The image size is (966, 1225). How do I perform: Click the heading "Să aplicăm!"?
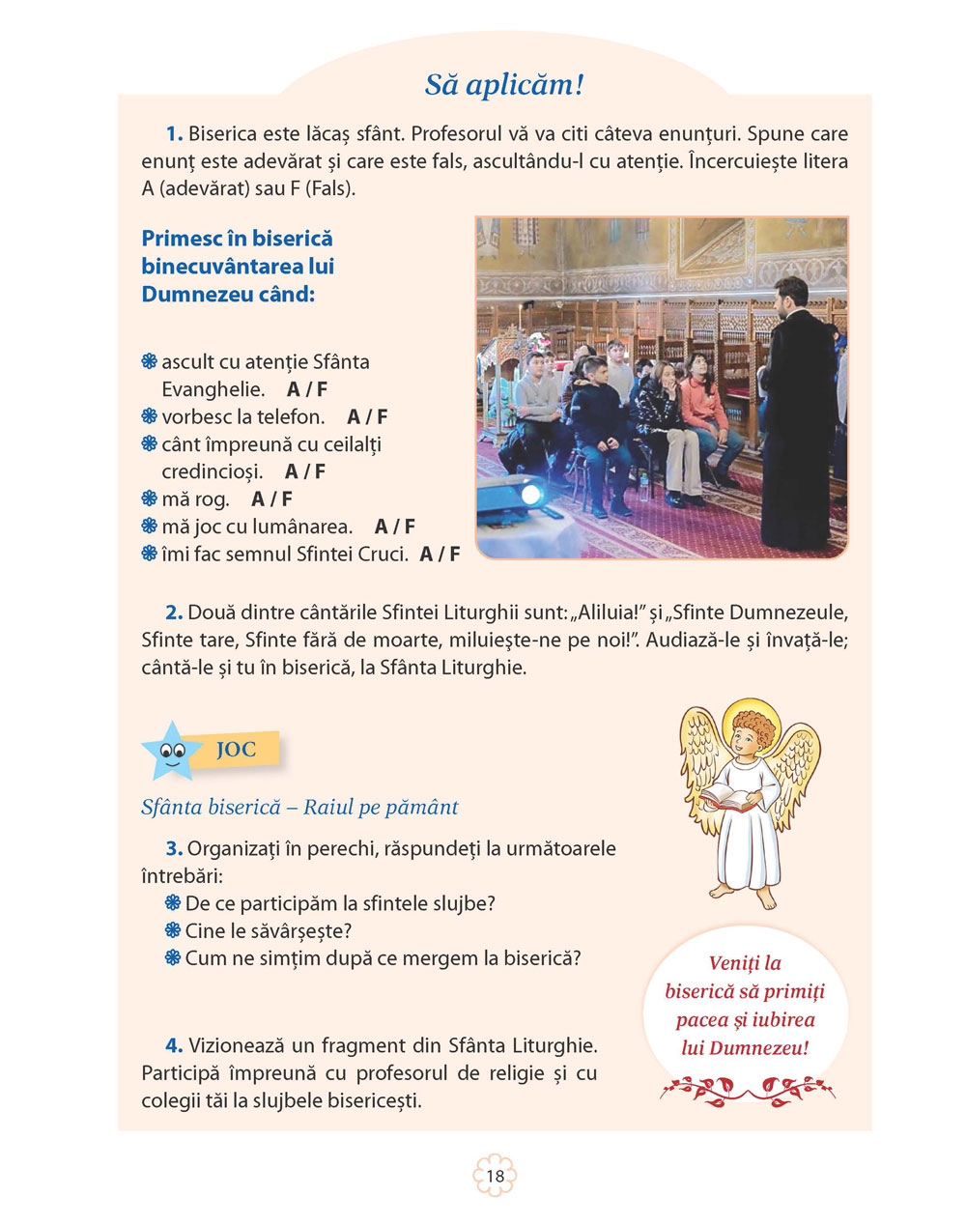[x=504, y=85]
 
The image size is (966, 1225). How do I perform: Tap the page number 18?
[x=495, y=1176]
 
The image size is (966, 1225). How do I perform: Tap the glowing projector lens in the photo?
[x=529, y=495]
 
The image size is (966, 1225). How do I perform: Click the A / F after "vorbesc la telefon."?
[x=367, y=417]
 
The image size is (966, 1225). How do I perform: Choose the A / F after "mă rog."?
[x=271, y=499]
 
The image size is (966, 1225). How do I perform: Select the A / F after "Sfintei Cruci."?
[x=440, y=555]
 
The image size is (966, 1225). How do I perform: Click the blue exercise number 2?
[x=174, y=612]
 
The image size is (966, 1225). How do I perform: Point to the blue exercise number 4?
[x=174, y=1045]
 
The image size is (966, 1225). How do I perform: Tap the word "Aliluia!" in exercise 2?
[x=608, y=612]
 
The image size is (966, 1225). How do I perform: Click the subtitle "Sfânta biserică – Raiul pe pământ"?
[x=299, y=807]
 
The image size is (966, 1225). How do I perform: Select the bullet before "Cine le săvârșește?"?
[x=173, y=931]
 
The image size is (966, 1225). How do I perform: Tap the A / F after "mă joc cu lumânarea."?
[x=394, y=527]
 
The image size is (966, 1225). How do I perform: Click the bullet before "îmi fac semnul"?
[x=149, y=555]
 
